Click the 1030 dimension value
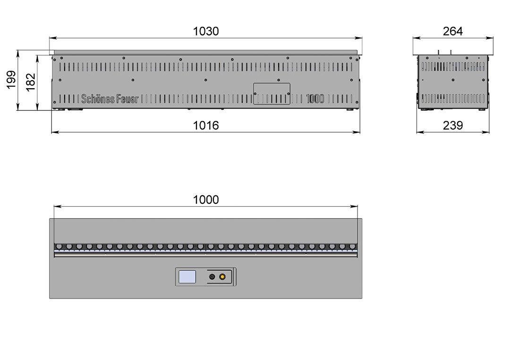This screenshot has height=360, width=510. point(206,32)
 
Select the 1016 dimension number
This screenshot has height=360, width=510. point(206,126)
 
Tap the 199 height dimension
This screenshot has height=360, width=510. point(11,80)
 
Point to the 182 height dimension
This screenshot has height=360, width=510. point(30,82)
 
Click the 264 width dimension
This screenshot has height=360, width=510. point(453,32)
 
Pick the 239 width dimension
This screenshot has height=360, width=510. point(453,126)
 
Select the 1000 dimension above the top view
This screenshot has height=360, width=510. point(206,200)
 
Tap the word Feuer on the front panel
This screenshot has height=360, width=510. point(127,99)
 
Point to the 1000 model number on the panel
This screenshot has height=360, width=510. point(315,99)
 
